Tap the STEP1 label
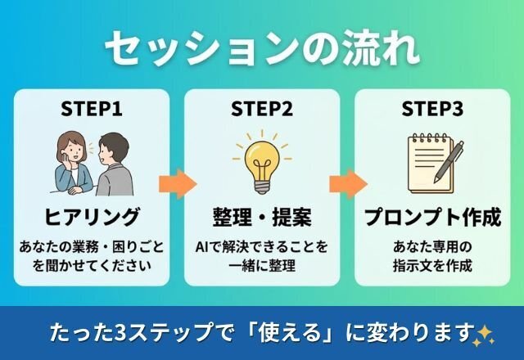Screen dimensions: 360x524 [92, 108]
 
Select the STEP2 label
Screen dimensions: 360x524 [262, 108]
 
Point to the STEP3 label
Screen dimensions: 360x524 [432, 108]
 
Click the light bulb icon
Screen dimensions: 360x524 [262, 160]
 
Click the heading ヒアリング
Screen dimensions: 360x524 [92, 218]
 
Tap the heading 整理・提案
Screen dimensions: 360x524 [262, 218]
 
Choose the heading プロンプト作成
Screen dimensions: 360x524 [432, 218]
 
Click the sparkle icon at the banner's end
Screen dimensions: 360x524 [485, 332]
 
